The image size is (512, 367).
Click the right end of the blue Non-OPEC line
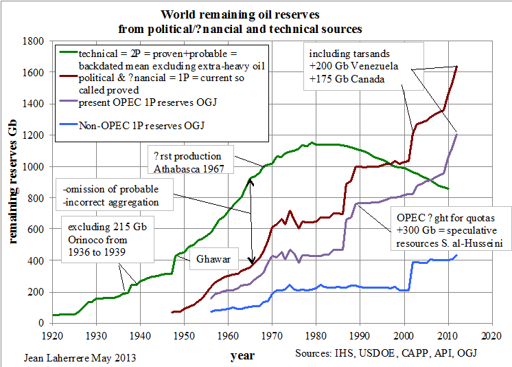click(x=457, y=255)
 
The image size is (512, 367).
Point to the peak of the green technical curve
click(x=312, y=142)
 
